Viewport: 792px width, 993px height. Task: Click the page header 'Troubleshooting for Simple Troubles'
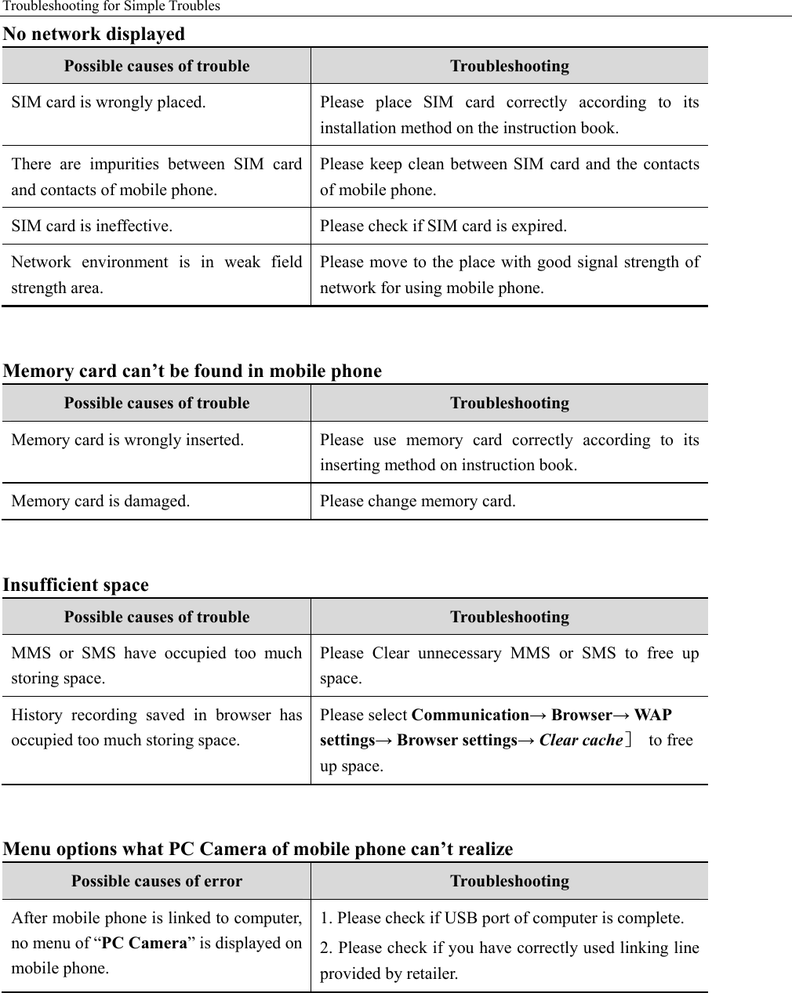(x=111, y=7)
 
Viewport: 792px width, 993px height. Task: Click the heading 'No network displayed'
(x=94, y=34)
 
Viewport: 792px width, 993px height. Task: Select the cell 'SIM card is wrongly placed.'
(x=109, y=103)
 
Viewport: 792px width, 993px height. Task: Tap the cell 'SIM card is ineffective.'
(x=92, y=227)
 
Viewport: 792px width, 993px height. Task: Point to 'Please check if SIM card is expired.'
(x=443, y=227)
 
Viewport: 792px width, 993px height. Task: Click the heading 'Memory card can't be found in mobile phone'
(x=192, y=371)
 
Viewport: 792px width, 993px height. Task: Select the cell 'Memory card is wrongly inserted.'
(x=127, y=440)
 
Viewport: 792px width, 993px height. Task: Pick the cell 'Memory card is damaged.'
(x=100, y=502)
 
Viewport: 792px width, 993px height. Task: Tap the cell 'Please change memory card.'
(x=417, y=502)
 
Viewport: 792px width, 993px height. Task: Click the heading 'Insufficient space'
(x=76, y=585)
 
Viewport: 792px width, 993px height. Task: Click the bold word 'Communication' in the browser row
(x=470, y=716)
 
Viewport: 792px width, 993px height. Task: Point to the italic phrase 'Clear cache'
(x=580, y=741)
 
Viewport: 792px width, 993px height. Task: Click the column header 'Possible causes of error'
(x=157, y=882)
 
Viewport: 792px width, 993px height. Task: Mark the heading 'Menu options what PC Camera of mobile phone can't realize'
(x=258, y=849)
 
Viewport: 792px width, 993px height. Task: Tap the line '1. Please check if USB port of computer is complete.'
(x=502, y=919)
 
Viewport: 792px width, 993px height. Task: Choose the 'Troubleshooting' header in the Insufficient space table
(x=509, y=618)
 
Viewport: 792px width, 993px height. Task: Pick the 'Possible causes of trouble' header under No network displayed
(x=157, y=67)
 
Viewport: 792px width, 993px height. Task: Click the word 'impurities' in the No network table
(x=127, y=165)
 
